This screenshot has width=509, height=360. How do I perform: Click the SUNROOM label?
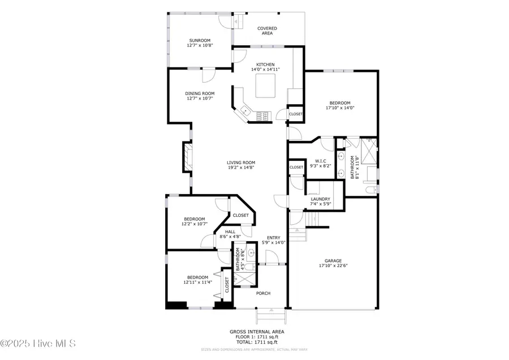(199, 41)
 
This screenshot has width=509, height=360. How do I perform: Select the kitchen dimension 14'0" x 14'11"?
(265, 70)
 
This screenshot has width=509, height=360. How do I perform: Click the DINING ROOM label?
(200, 93)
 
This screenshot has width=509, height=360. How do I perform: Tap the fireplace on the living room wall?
(187, 157)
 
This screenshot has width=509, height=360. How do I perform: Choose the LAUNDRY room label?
(320, 199)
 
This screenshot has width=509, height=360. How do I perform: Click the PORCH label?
(263, 293)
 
